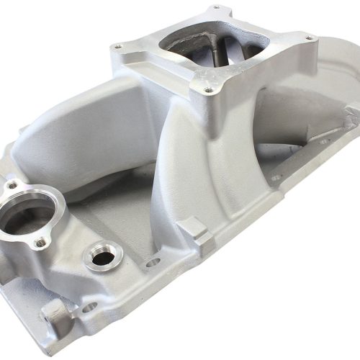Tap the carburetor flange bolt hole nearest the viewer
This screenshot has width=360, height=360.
[207, 91]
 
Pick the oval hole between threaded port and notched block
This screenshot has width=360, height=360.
[152, 262]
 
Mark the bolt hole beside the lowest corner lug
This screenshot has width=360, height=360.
[89, 307]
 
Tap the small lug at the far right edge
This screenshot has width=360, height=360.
[351, 112]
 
